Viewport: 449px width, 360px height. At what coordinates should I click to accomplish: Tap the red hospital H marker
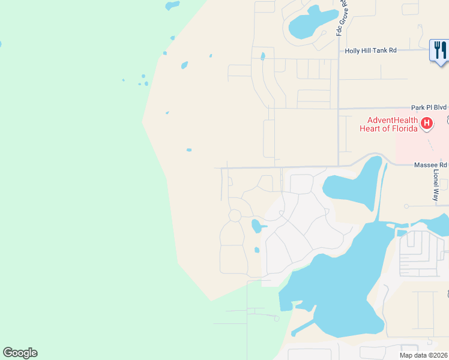point(426,124)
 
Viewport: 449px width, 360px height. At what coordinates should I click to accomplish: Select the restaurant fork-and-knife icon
point(440,50)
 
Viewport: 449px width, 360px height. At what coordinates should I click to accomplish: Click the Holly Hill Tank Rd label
point(370,51)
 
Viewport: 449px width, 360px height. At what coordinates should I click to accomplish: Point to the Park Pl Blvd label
point(429,107)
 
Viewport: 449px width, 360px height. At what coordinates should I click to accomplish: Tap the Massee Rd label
point(430,164)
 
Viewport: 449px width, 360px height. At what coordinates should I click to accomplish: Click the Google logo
point(20,353)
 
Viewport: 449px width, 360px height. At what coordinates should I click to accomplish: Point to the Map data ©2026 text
point(423,355)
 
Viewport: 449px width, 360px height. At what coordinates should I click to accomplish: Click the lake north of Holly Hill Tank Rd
point(311,25)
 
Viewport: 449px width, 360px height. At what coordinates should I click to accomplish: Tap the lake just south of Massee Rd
point(354,183)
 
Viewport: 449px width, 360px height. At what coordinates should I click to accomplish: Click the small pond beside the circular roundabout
point(256,226)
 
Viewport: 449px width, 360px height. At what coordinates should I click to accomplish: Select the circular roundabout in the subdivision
point(235,215)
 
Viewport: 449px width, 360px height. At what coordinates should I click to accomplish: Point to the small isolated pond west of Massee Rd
point(189,150)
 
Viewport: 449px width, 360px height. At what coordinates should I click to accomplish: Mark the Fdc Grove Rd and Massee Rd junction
point(339,166)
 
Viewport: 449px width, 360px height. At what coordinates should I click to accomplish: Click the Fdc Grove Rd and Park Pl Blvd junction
point(339,109)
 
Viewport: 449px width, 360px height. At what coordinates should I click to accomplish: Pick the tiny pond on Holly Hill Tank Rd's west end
point(263,57)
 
